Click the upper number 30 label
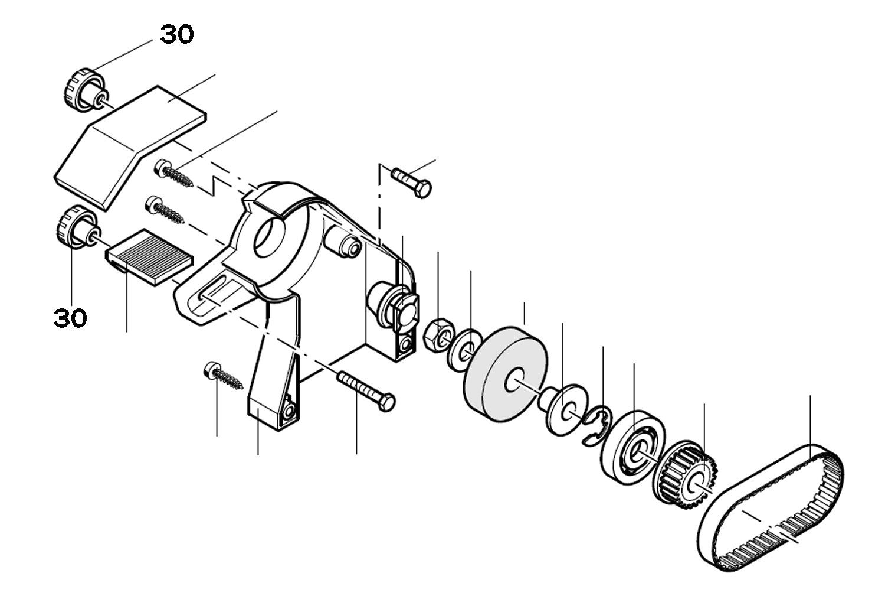click(177, 35)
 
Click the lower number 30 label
click(70, 318)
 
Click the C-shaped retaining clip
click(595, 424)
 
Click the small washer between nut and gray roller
click(463, 350)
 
